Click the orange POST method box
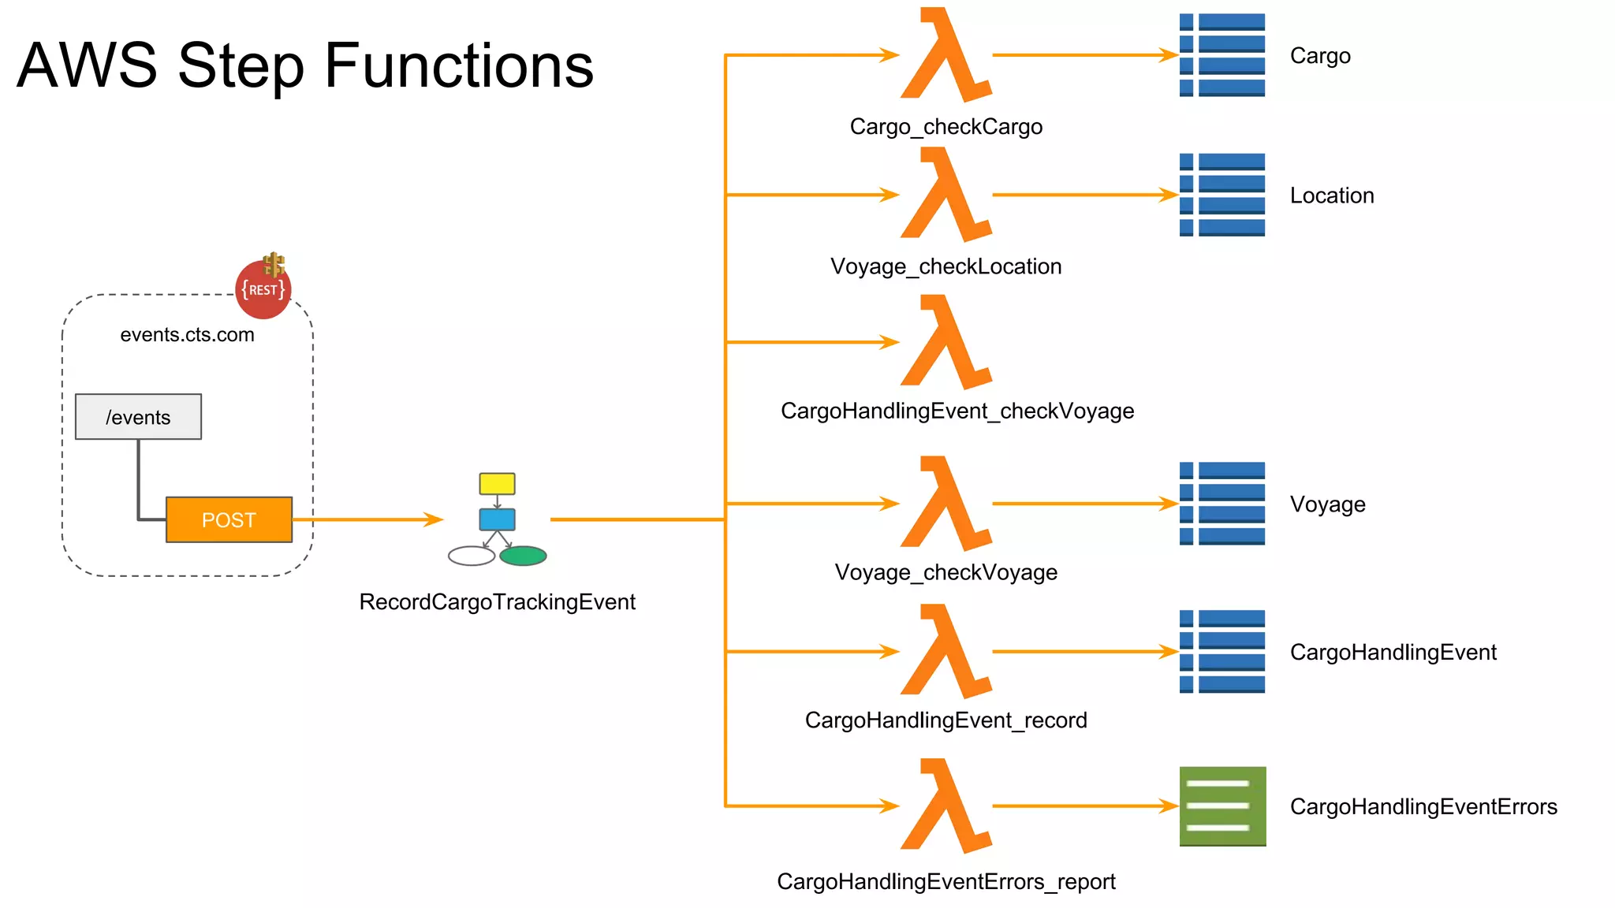coord(229,519)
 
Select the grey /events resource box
coord(138,416)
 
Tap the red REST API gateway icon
coord(263,289)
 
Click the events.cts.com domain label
coord(187,335)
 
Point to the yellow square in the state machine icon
coord(497,483)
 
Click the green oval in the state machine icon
coord(523,556)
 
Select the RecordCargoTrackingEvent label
coord(497,602)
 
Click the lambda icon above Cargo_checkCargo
coord(945,55)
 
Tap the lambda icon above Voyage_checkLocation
coord(945,195)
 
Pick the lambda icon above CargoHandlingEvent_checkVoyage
coord(945,342)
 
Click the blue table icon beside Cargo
coord(1222,55)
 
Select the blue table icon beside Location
coord(1222,195)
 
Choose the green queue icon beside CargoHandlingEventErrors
coord(1222,806)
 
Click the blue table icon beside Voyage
coord(1222,504)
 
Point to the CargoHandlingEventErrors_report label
coord(946,881)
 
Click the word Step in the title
coord(241,66)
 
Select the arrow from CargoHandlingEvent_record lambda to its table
coord(1085,652)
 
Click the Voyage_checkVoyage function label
coord(946,572)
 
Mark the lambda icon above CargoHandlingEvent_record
coord(945,651)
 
